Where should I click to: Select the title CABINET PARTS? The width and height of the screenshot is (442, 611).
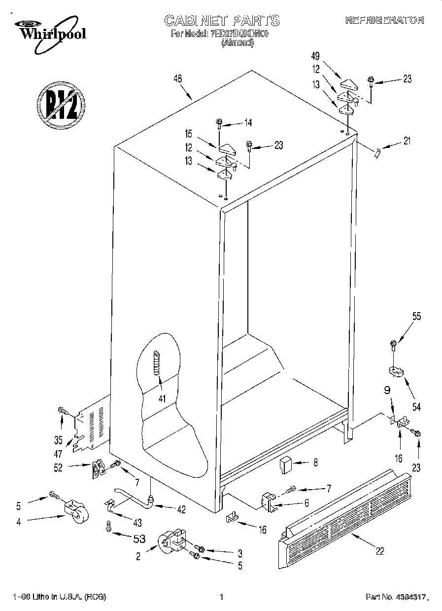point(221,20)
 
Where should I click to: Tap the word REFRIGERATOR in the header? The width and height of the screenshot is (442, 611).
point(384,20)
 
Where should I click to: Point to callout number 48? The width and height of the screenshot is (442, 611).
point(178,77)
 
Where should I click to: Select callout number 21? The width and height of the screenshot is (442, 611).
point(407,141)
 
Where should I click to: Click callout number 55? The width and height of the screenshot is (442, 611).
point(417,317)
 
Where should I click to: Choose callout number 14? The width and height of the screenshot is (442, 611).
point(247,123)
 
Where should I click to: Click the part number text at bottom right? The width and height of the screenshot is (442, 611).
point(396,597)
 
